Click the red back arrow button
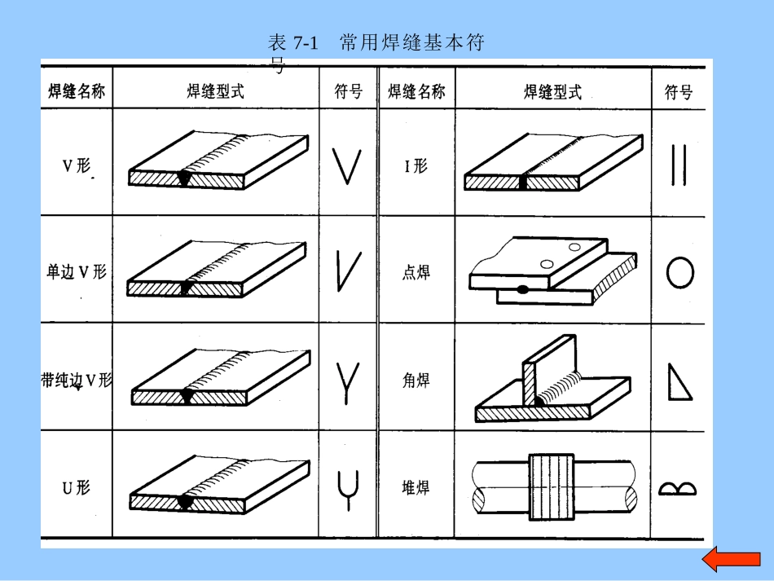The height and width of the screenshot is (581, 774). point(731,560)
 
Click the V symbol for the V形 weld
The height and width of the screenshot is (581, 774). point(348,166)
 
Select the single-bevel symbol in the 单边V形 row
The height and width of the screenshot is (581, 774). point(348,271)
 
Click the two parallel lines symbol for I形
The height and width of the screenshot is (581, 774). point(678,166)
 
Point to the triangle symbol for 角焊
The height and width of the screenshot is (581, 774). point(679,381)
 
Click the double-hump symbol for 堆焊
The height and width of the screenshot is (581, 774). point(678,488)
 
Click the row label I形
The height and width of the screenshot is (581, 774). point(416,166)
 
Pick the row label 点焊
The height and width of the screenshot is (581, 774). point(416,272)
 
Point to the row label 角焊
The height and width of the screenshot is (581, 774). point(416,381)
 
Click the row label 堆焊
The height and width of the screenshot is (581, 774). point(416,488)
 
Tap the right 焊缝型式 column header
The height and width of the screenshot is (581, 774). point(552,91)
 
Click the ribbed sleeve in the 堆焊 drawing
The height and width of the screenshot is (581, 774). point(552,487)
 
